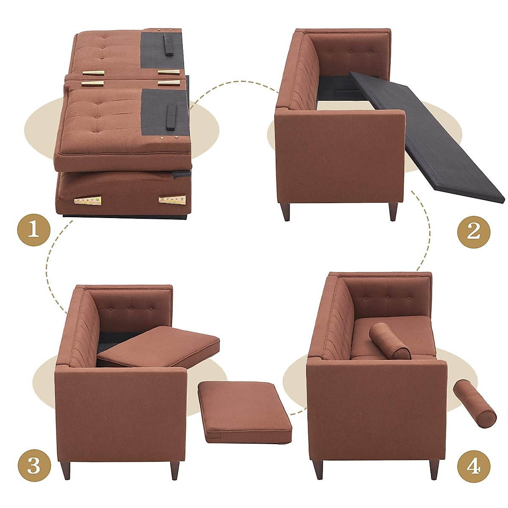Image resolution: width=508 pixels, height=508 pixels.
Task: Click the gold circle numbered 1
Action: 34,231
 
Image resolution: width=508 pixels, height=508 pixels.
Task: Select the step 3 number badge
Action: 34,467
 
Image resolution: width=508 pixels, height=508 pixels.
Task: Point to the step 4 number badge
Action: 474,467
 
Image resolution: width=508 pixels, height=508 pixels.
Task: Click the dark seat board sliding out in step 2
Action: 428,135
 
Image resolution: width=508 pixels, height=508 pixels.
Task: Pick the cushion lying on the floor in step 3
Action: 244,411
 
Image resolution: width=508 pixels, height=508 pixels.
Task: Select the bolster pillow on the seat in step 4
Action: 389,341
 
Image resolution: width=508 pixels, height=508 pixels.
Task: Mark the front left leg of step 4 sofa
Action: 318,469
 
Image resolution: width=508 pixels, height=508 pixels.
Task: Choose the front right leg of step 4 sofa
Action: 434,469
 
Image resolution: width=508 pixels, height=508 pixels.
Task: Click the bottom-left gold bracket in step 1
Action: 88,200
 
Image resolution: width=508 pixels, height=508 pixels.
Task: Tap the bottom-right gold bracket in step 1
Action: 172,199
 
